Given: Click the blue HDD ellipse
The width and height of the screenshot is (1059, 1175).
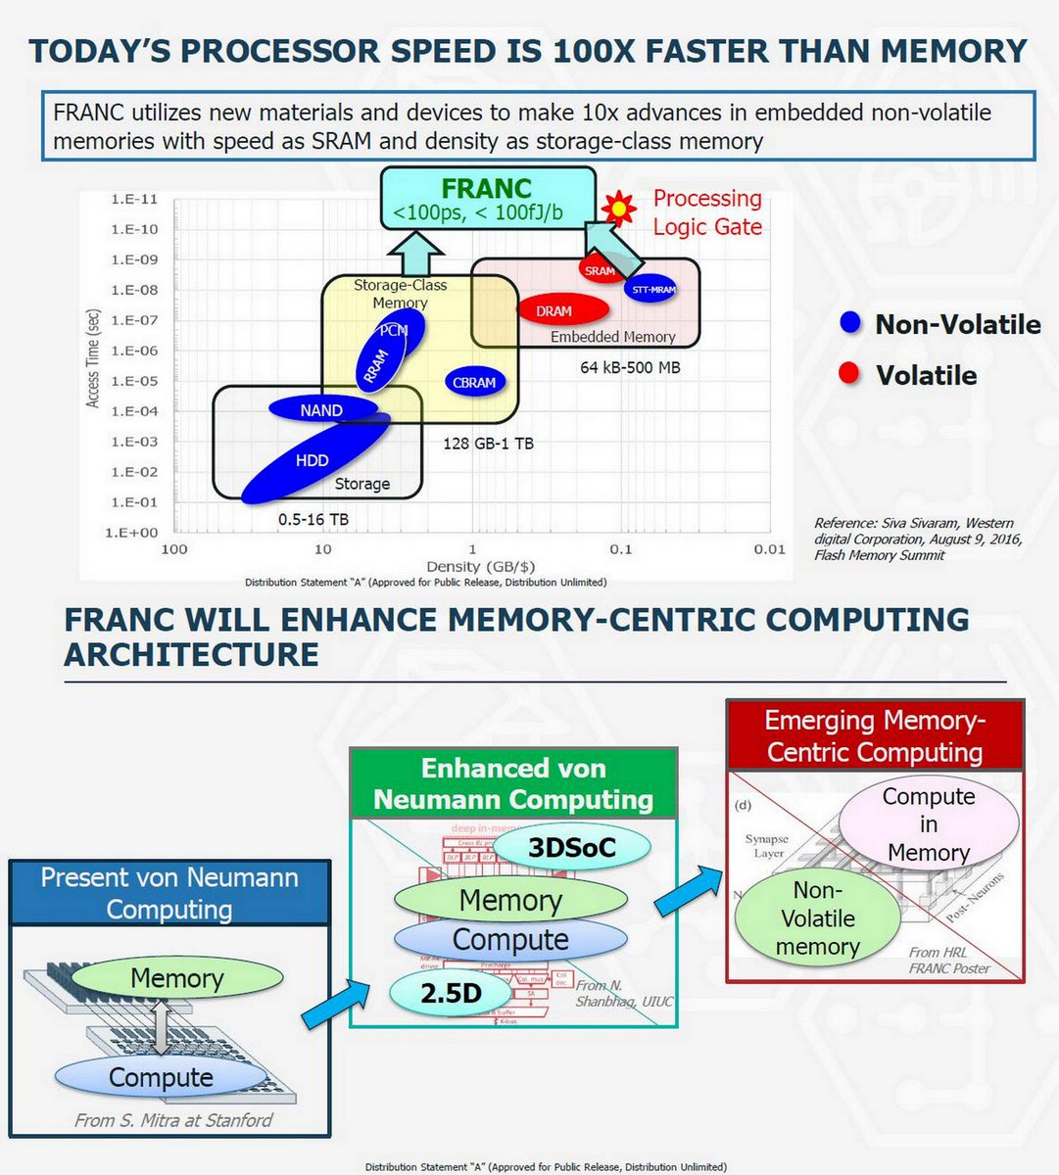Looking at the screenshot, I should pos(312,460).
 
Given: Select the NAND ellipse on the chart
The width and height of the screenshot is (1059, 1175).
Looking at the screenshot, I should pos(321,410).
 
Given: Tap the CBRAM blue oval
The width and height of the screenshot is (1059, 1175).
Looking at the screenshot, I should pos(474,383).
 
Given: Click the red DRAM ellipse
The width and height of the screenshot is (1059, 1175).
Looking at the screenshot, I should pos(554,311).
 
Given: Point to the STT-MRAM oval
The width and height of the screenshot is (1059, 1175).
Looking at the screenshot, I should pos(652,290).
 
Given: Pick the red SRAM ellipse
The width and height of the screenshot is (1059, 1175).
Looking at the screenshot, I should pos(600,270).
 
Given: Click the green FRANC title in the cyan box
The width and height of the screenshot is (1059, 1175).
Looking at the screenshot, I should pos(486,188).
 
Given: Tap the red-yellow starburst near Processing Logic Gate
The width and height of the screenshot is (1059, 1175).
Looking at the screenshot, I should pos(619,208).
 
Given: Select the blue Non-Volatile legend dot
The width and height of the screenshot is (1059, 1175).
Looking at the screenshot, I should pos(850,323).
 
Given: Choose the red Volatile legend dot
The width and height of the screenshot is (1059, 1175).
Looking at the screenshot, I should pos(850,374).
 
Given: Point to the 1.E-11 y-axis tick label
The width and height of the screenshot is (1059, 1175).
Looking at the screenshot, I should pos(134,199).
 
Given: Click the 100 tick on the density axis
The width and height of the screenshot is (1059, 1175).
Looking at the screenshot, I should pos(173,549).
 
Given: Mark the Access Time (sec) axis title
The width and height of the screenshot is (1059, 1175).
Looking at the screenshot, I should pos(93,358).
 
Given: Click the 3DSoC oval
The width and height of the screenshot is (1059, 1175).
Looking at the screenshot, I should pos(572,848).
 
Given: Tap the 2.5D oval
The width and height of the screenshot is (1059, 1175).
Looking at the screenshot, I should pos(451,993).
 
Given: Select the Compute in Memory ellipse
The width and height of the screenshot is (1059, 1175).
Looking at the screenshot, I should pos(928,824).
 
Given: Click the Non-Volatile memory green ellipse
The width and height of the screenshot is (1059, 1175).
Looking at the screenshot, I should pos(817,918).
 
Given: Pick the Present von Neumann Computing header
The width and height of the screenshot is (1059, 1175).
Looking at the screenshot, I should pos(169,893).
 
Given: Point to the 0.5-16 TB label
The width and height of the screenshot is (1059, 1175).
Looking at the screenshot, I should pos(313,519).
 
